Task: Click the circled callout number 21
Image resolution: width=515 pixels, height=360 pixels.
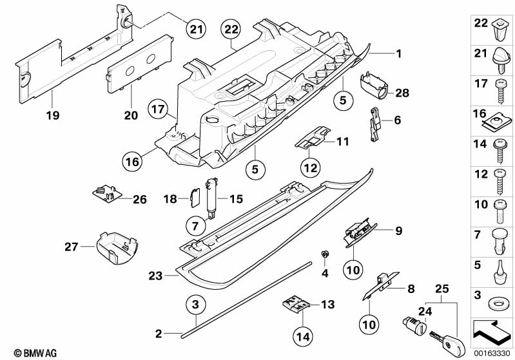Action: pos(196,29)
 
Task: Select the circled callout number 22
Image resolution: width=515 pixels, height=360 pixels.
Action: pos(231,29)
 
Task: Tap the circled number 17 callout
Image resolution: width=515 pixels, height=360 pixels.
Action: pos(158,109)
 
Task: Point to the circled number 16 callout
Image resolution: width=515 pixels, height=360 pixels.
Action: pos(132,162)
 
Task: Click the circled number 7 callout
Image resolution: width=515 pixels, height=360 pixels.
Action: pos(195,226)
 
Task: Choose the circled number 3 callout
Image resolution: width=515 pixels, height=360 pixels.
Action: pos(195,304)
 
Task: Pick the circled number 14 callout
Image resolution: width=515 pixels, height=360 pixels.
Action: pos(303,336)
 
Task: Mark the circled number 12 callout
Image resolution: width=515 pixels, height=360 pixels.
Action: pos(311,168)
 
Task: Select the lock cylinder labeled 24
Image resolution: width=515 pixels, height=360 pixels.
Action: pos(414,326)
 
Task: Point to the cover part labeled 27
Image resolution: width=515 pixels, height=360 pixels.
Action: pos(117,248)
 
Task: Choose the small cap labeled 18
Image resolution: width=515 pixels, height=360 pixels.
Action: pos(195,197)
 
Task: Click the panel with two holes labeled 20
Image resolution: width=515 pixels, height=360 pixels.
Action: pos(140,64)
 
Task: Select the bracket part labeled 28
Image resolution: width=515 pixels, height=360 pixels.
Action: pos(374,85)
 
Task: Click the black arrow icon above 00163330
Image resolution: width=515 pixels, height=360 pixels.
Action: pos(491,332)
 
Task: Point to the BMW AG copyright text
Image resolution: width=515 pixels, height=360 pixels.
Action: pos(35,353)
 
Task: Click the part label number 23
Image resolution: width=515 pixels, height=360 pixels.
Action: pos(155,276)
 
